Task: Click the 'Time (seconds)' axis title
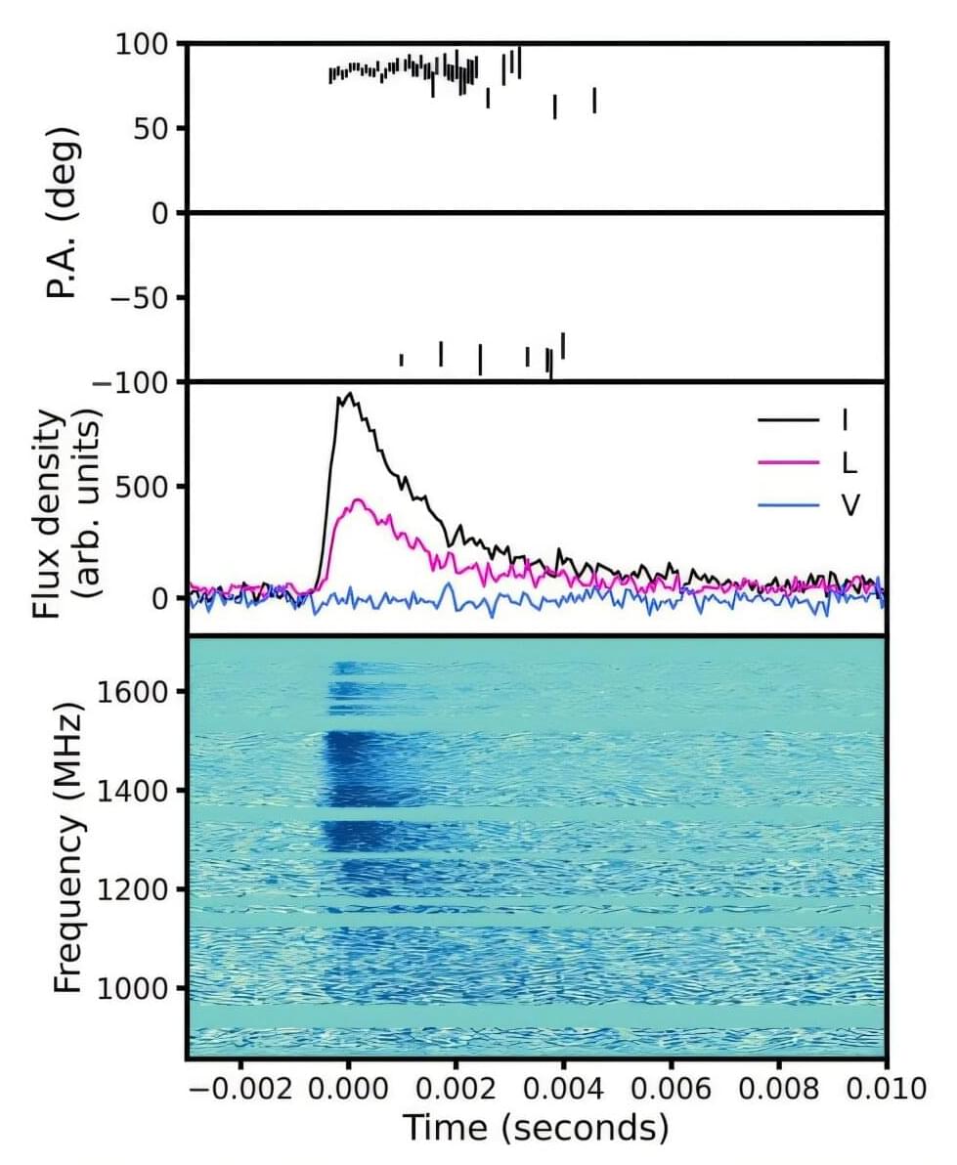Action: tap(537, 1128)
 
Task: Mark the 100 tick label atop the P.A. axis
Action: tap(146, 44)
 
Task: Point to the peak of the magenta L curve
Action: tap(358, 500)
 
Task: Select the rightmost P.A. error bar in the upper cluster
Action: tap(594, 100)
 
